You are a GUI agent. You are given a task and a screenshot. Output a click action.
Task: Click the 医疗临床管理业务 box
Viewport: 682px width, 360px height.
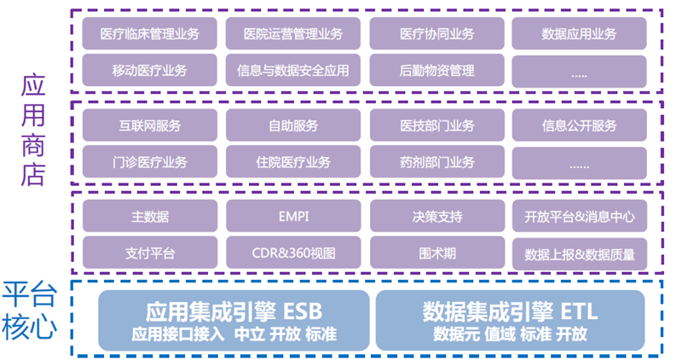(150, 33)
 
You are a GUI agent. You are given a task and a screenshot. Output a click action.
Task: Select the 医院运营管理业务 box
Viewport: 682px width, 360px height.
(293, 33)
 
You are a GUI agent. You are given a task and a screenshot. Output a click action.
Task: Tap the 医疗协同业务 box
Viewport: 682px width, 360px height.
(437, 33)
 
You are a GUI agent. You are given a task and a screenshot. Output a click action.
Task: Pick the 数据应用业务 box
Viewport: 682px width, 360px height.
(580, 33)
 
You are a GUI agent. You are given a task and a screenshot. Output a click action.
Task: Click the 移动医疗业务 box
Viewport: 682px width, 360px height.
(150, 70)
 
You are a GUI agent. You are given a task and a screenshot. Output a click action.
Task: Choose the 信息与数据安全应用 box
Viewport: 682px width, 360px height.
(293, 70)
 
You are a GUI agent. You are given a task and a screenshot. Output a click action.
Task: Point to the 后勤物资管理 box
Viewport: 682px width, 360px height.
(437, 70)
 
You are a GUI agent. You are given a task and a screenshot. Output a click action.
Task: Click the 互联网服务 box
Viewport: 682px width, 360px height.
(150, 125)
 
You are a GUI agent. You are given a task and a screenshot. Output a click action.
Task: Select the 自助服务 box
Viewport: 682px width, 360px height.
(293, 125)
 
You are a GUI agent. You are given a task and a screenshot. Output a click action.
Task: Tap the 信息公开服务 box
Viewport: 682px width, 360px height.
(580, 125)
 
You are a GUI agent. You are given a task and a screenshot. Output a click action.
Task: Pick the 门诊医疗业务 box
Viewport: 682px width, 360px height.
(150, 162)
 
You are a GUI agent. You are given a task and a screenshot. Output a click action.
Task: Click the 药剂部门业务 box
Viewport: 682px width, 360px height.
(437, 162)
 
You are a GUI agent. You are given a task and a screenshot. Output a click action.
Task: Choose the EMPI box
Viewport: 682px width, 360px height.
(293, 216)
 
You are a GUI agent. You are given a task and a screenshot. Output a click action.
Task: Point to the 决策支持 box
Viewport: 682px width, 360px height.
(437, 216)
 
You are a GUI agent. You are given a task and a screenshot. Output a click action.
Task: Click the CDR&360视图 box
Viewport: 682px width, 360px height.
(293, 253)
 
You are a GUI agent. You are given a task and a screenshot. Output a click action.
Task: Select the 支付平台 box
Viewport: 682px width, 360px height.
(150, 253)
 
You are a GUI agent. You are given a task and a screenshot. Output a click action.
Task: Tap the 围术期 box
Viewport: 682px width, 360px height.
(437, 253)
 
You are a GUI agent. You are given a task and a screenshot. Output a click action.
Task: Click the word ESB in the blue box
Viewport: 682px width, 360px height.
(303, 311)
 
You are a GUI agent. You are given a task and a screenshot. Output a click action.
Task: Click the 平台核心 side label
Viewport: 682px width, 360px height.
(30, 311)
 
